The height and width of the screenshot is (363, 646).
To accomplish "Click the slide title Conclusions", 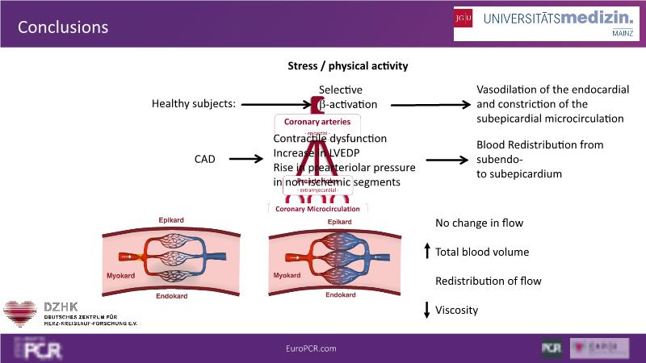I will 63,27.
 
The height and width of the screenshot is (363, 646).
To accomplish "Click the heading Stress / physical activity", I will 348,65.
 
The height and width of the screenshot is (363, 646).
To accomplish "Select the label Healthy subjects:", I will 194,104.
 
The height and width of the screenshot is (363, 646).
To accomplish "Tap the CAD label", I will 205,159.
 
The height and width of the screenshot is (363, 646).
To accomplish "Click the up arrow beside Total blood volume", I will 427,252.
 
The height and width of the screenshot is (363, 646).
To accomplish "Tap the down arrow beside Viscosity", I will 427,309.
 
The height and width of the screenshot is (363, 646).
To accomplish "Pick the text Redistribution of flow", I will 489,281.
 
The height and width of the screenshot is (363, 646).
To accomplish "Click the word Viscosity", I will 457,310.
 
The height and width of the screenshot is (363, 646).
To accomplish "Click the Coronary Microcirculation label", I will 318,209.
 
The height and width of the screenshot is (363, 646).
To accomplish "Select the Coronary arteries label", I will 317,122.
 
